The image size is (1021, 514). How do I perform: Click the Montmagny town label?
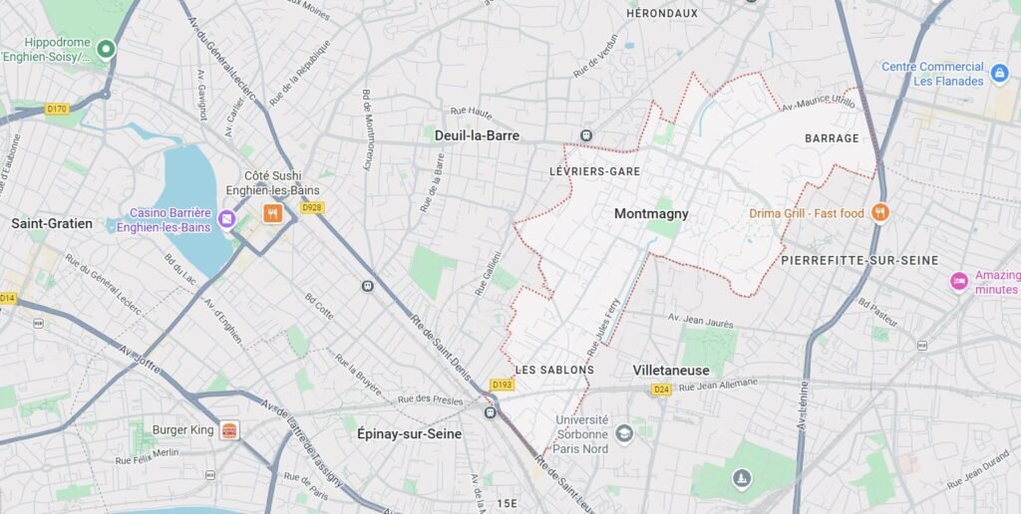pos(651,213)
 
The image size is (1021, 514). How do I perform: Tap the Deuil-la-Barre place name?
pos(477,135)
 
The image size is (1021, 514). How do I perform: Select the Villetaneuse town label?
pos(671,371)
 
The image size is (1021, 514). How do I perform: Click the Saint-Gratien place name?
pos(52,223)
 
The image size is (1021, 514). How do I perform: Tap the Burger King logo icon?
pos(230,430)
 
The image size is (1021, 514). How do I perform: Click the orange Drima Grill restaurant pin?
pos(879,212)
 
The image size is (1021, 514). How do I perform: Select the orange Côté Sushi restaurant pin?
pos(272,213)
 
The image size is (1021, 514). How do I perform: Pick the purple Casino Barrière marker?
pos(227,219)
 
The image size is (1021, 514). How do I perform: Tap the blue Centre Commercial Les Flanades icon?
pos(1000,73)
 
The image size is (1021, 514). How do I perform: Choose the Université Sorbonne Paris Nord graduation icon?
pos(624,433)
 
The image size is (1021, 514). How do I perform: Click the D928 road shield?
pos(312,207)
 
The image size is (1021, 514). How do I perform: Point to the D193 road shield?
pos(503,384)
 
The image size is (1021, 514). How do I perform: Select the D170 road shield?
pos(57,109)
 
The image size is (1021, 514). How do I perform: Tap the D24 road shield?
pos(661,389)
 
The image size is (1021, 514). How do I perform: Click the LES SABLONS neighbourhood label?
pos(554,370)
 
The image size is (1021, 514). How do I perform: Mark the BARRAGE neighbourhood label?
pos(831,138)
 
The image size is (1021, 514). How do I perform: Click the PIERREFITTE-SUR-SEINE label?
pos(860,260)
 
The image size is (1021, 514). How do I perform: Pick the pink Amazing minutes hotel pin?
pos(959,281)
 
